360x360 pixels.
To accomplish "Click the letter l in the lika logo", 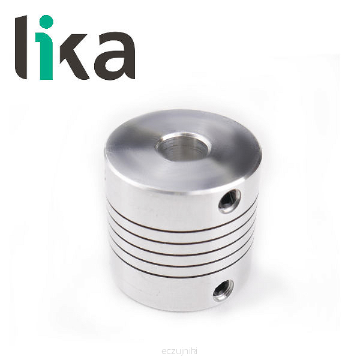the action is coord(22,47).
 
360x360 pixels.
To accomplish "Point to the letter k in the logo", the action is coord(74,56).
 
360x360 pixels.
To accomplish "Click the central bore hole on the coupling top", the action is coord(183,146).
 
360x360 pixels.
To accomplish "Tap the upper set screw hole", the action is coord(230,201).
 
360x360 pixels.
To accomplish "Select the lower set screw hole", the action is coord(223,290).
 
